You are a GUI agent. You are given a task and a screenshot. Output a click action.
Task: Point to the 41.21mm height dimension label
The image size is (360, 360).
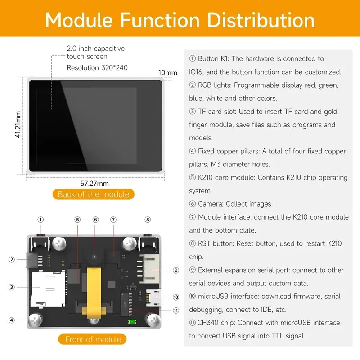[x=18, y=125]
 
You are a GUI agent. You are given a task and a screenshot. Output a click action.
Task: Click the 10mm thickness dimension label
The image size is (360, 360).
[x=168, y=72]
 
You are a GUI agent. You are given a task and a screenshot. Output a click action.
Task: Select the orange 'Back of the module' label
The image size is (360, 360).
[x=93, y=194]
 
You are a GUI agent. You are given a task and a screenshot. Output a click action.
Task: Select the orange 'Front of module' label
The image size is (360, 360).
[x=93, y=339]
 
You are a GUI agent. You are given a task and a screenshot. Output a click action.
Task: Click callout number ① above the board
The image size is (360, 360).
[x=40, y=220]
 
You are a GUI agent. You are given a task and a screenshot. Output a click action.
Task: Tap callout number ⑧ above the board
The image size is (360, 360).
[x=148, y=220]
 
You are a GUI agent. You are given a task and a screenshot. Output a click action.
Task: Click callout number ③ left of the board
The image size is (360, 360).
[x=12, y=287]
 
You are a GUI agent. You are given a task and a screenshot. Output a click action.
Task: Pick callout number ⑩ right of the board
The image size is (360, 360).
[x=175, y=297]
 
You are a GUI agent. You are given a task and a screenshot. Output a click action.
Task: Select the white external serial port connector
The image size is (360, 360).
[x=150, y=270]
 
